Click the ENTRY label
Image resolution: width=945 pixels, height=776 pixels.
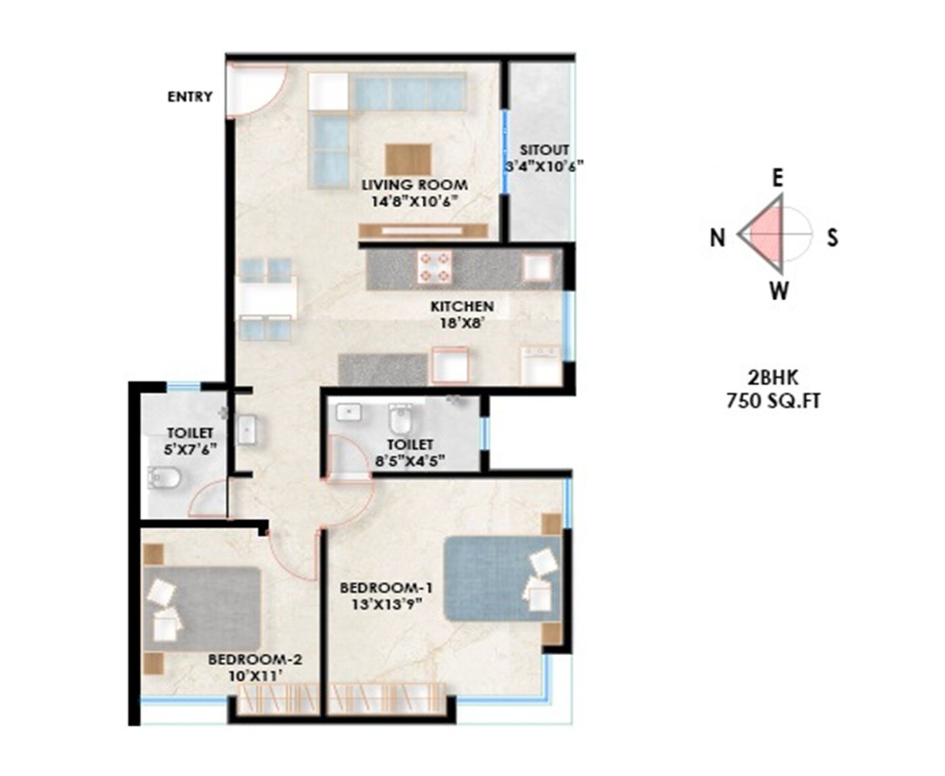click(190, 96)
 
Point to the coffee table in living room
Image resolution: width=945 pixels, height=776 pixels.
click(408, 159)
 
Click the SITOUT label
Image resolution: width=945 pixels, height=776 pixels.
click(544, 150)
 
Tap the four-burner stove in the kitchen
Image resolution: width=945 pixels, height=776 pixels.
click(435, 267)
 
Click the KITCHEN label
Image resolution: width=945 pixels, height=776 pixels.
click(462, 306)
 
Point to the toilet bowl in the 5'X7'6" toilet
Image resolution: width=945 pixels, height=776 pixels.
click(164, 478)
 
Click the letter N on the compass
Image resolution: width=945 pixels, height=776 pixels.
click(718, 238)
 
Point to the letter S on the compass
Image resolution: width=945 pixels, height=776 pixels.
click(833, 238)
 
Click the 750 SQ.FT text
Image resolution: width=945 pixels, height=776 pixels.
click(774, 401)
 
